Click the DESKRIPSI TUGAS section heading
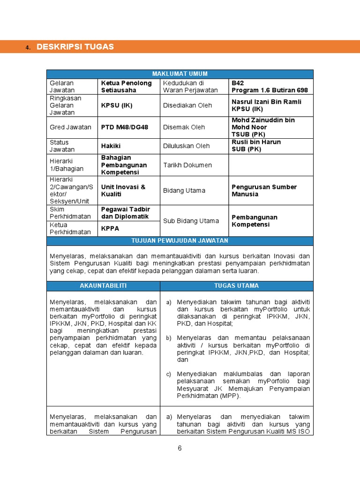pyautogui.click(x=75, y=47)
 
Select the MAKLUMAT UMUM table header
pyautogui.click(x=180, y=74)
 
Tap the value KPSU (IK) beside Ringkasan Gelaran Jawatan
pyautogui.click(x=117, y=105)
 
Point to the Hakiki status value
pyautogui.click(x=111, y=146)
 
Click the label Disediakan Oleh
pyautogui.click(x=187, y=105)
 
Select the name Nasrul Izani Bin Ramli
pyautogui.click(x=266, y=102)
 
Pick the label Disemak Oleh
pyautogui.click(x=184, y=127)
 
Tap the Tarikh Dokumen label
pyautogui.click(x=187, y=165)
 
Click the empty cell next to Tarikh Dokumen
pyautogui.click(x=271, y=165)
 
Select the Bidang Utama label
pyautogui.click(x=184, y=190)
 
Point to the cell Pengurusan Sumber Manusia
pyautogui.click(x=264, y=190)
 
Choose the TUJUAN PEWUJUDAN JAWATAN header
pyautogui.click(x=180, y=240)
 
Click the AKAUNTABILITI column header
pyautogui.click(x=103, y=285)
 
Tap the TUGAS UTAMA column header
pyautogui.click(x=236, y=285)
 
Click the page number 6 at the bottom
pyautogui.click(x=180, y=448)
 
